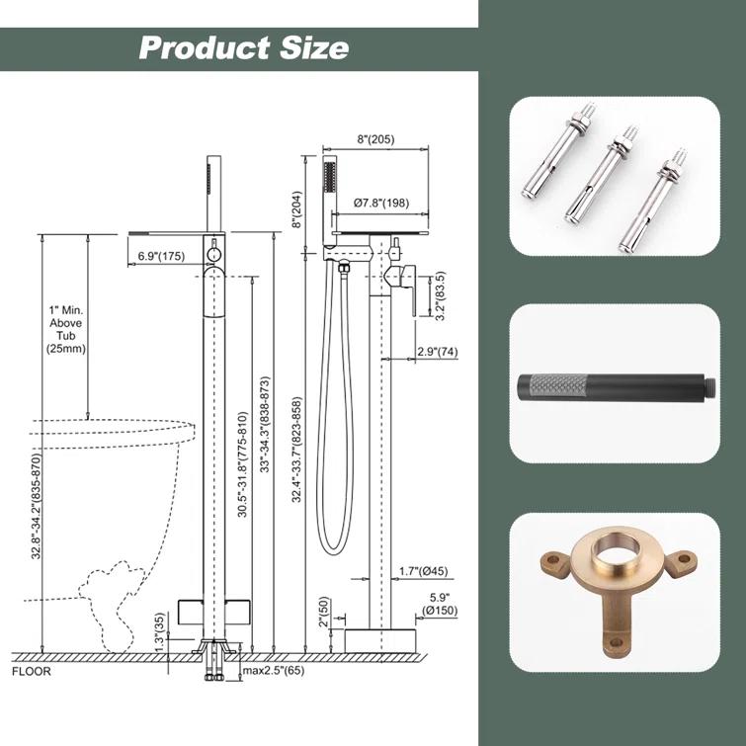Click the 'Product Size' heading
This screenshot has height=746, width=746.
click(244, 48)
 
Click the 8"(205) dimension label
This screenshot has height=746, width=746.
click(375, 139)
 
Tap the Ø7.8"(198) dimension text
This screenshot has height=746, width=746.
click(381, 203)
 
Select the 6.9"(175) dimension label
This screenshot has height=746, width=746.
click(161, 256)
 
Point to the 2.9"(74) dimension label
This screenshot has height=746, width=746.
click(438, 352)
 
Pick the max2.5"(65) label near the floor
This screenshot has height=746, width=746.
click(274, 671)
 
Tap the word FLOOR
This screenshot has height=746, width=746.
click(32, 672)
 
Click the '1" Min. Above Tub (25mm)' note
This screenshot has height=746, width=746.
click(66, 329)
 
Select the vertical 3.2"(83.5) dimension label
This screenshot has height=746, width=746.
click(440, 295)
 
